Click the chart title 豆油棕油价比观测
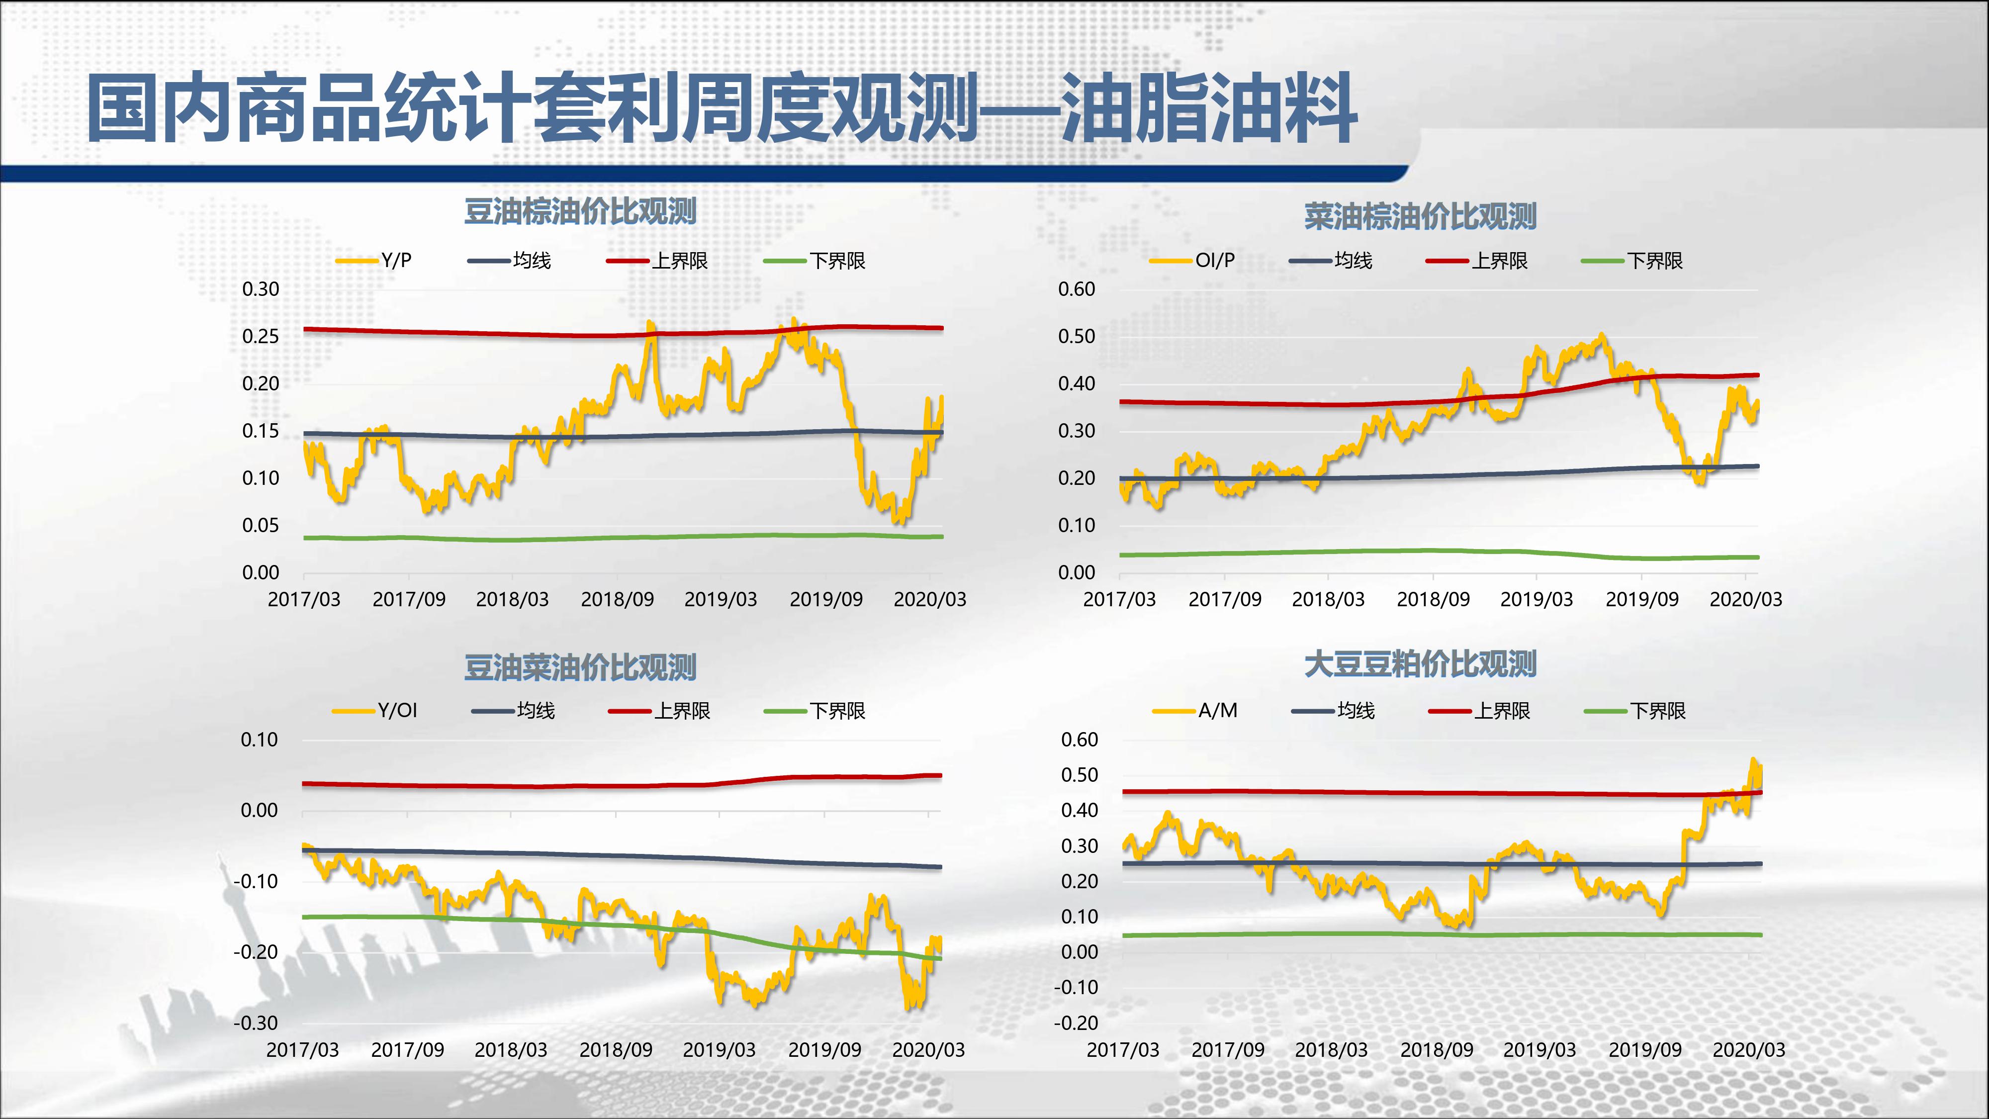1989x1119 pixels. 580,211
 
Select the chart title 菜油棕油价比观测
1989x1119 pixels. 1420,216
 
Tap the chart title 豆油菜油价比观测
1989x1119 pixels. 580,667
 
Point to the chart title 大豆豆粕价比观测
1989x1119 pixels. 1420,664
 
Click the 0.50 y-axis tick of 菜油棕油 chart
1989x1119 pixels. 1077,337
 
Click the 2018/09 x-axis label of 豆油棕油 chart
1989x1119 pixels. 617,599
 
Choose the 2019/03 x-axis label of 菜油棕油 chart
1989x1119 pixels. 1536,599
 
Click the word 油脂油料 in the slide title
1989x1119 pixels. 1208,108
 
